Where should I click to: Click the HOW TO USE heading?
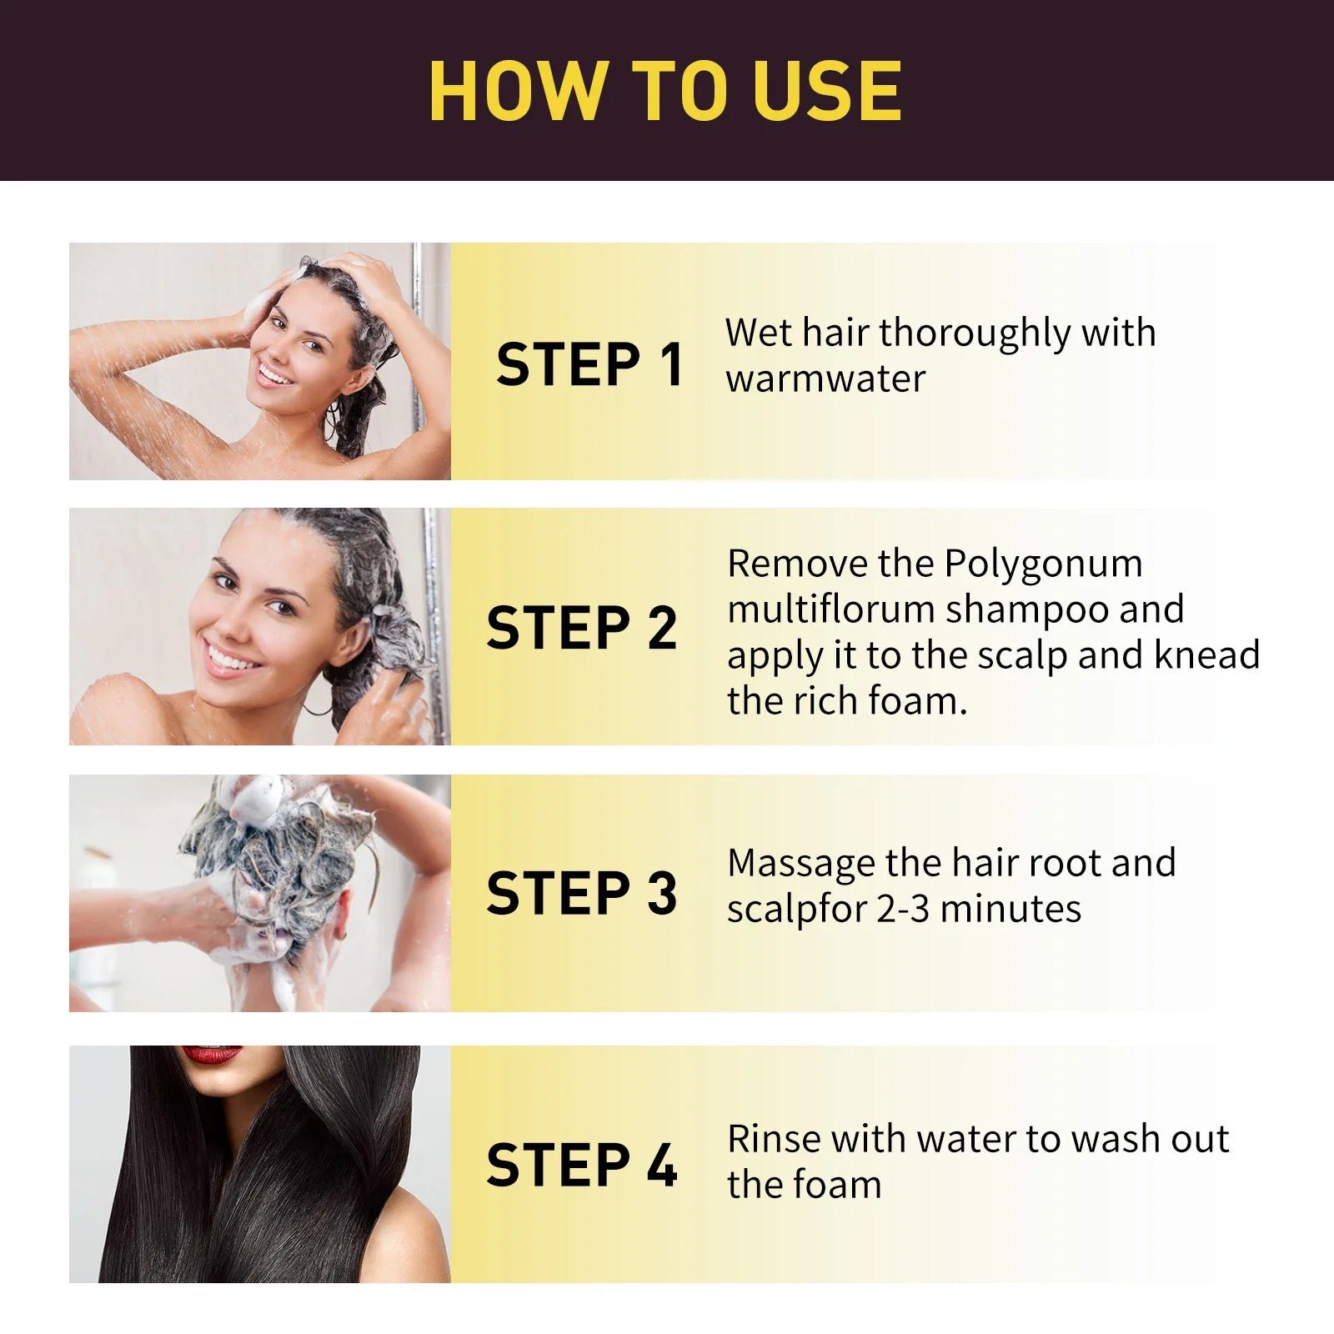pyautogui.click(x=665, y=91)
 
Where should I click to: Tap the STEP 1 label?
pyautogui.click(x=589, y=364)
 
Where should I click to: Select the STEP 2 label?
pyautogui.click(x=581, y=628)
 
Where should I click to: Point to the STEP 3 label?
pyautogui.click(x=581, y=893)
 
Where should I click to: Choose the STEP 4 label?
pyautogui.click(x=581, y=1165)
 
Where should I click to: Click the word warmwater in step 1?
pyautogui.click(x=825, y=379)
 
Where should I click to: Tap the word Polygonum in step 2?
pyautogui.click(x=1043, y=564)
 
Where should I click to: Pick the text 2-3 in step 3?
pyautogui.click(x=902, y=909)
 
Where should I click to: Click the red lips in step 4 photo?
pyautogui.click(x=212, y=1055)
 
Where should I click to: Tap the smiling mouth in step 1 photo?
pyautogui.click(x=274, y=372)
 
